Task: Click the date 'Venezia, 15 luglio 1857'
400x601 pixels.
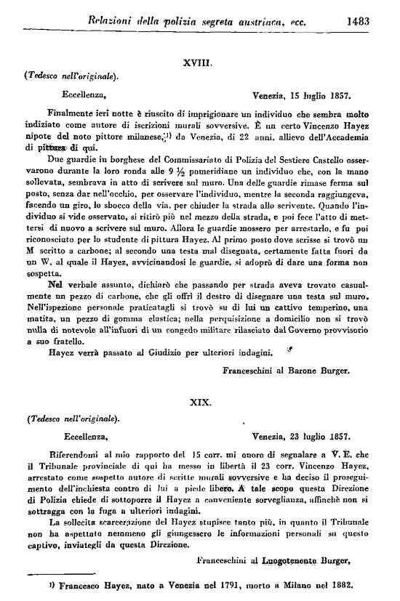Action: click(302, 94)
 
